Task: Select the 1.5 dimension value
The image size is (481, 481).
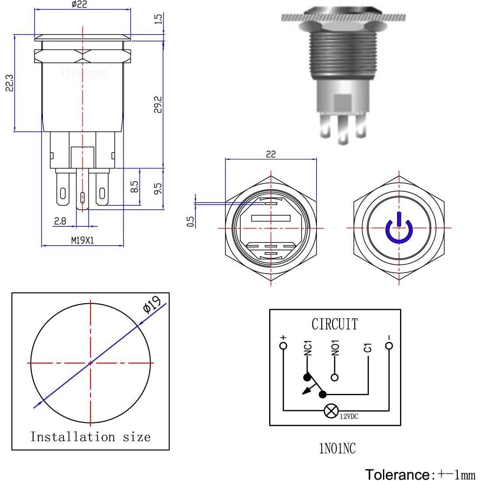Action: [158, 18]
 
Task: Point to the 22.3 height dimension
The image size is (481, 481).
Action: [10, 82]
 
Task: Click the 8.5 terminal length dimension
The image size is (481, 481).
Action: [135, 187]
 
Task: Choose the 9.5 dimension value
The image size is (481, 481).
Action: [158, 189]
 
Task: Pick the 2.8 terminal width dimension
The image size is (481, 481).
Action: [60, 221]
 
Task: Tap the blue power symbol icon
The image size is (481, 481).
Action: [398, 228]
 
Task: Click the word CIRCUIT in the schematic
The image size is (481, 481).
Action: [334, 324]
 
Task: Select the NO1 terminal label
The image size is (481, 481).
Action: [335, 348]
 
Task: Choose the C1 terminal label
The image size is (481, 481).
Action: [368, 348]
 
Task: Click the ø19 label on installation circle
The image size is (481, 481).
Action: [151, 305]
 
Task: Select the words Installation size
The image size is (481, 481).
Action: [90, 437]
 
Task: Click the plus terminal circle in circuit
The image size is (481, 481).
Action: [284, 346]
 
